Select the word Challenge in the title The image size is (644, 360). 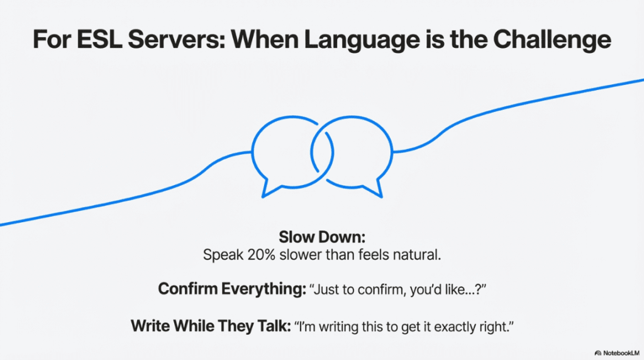coord(552,40)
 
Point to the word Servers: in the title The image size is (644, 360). coord(177,40)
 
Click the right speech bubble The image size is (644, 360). coord(392,153)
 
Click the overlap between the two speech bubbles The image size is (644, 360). coord(322,152)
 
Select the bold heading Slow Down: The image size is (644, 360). coord(322,237)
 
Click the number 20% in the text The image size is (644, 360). coord(261,255)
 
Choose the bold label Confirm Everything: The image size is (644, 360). coord(232,289)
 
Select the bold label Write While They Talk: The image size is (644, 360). coord(211,326)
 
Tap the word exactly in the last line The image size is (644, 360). coord(453,327)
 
